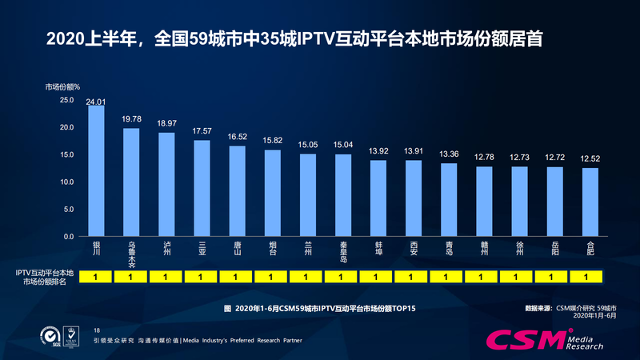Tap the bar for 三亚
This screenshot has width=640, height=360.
click(202, 189)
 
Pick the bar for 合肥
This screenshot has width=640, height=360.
click(590, 202)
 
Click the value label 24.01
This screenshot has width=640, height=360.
click(96, 102)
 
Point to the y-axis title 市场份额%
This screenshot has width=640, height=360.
click(62, 86)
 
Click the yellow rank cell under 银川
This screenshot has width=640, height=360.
click(96, 277)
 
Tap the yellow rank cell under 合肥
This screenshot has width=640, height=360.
click(590, 277)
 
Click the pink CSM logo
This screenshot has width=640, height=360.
click(529, 338)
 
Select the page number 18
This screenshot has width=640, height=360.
click(97, 330)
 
